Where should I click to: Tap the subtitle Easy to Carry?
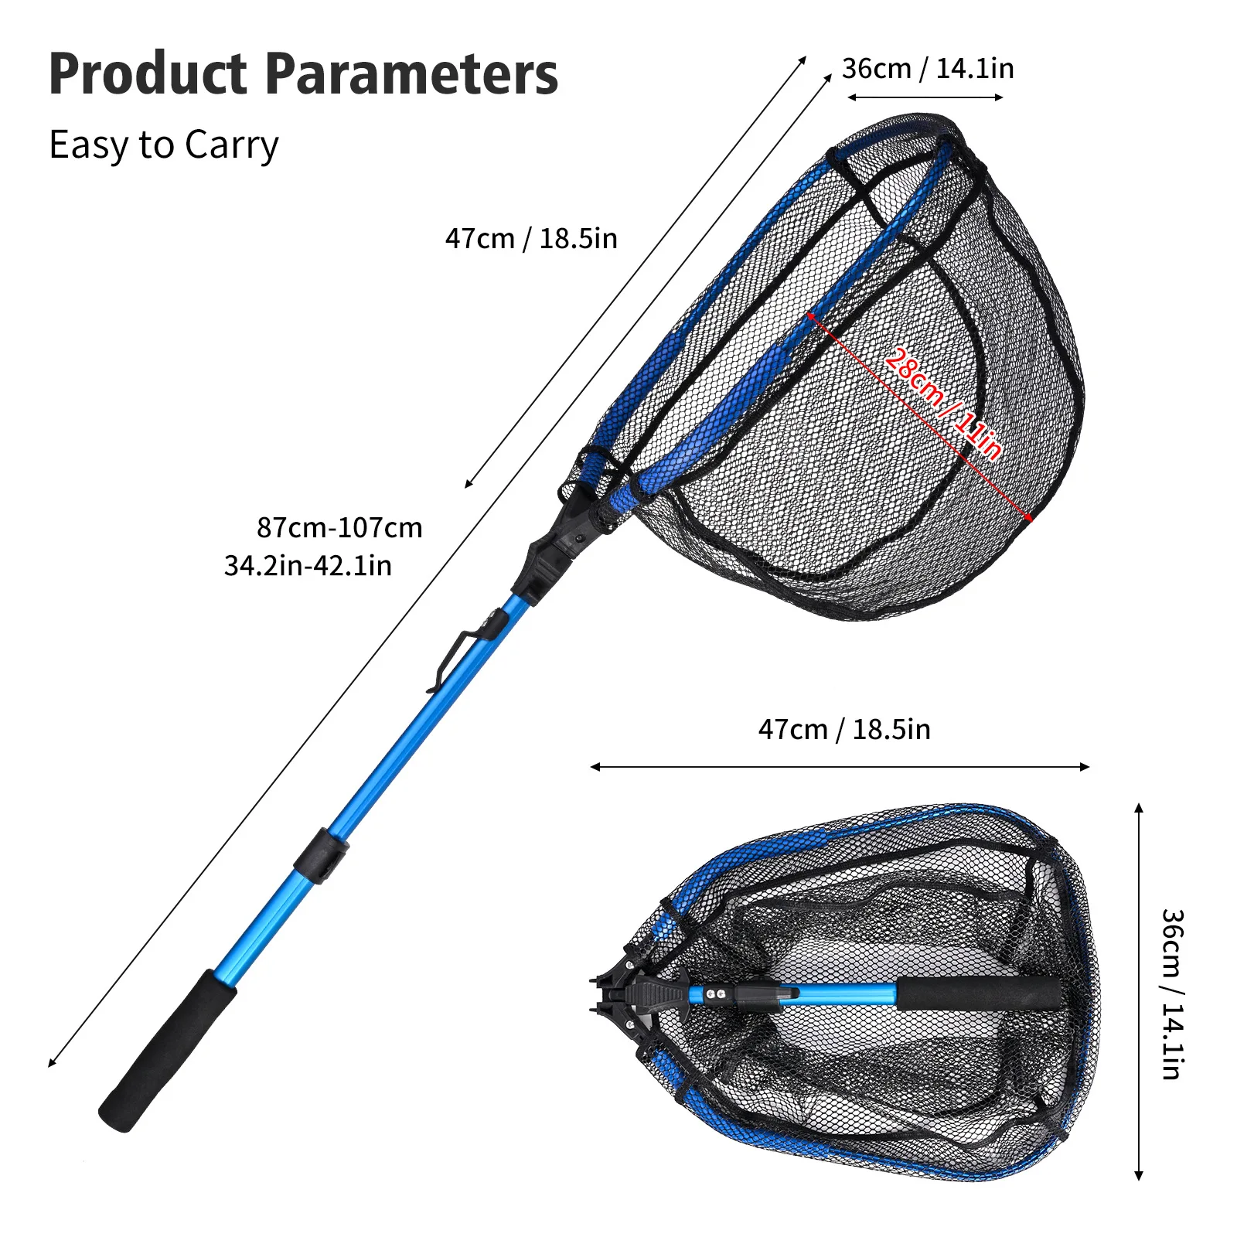163,145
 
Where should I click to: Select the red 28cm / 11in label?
943,403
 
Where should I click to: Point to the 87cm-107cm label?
339,527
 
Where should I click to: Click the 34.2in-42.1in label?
308,566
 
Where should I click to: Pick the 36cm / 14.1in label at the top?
928,69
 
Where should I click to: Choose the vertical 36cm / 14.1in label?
1172,993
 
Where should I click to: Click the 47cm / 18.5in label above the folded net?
844,729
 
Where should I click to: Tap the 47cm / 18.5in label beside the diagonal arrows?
531,238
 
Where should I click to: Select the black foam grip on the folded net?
978,993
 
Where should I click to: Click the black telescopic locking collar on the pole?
321,855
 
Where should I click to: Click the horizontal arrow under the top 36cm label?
925,97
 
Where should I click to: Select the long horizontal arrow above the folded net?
840,767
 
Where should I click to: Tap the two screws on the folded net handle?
716,993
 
